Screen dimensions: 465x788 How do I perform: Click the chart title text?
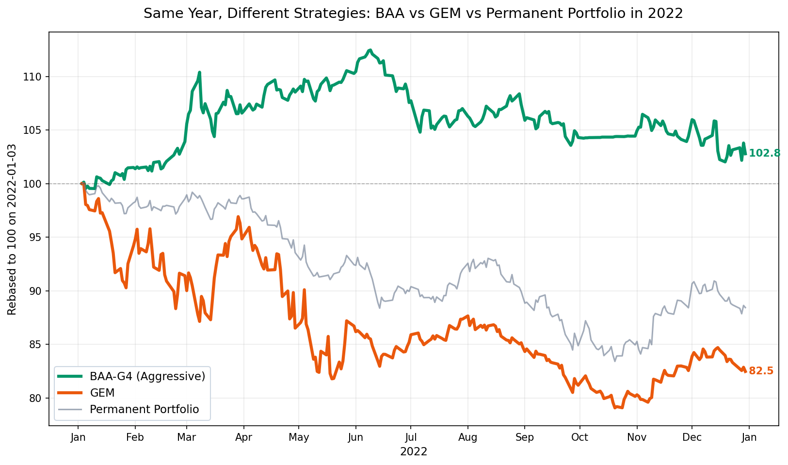tap(413, 14)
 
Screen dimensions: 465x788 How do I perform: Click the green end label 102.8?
tap(764, 153)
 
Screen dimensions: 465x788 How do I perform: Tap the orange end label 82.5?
tap(761, 371)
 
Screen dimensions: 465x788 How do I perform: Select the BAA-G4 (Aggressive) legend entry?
tap(147, 376)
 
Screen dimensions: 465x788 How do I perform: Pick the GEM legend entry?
tap(102, 392)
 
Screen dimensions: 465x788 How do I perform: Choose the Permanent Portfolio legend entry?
tap(144, 409)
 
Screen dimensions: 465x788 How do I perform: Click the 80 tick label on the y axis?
tap(37, 398)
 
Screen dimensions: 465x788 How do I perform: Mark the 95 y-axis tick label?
tap(37, 237)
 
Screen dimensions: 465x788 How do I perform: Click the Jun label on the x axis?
tap(355, 437)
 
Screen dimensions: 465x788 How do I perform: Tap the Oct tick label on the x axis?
tap(579, 437)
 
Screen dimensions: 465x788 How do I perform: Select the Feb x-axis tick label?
tap(135, 437)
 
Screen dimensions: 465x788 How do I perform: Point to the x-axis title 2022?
tap(413, 452)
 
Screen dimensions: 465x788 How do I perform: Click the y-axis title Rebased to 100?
tap(12, 229)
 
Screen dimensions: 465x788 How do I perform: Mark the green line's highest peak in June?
tap(370, 50)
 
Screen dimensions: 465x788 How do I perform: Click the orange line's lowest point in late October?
tap(615, 408)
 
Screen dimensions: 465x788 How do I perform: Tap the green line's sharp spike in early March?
tap(199, 72)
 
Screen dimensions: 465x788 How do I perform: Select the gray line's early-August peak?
tap(473, 259)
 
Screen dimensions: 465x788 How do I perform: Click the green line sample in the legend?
tap(69, 376)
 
